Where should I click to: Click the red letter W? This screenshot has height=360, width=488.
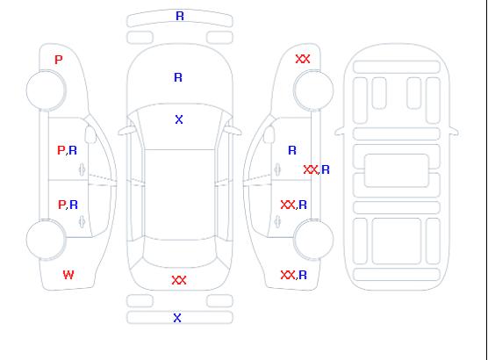pyautogui.click(x=68, y=275)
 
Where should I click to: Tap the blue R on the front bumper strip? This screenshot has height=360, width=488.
pyautogui.click(x=180, y=16)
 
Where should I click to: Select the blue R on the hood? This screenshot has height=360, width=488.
pyautogui.click(x=178, y=77)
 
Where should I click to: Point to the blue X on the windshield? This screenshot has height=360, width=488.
pyautogui.click(x=179, y=119)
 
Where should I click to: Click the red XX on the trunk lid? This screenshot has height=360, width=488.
pyautogui.click(x=179, y=280)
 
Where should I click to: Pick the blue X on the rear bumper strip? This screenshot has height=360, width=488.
pyautogui.click(x=177, y=318)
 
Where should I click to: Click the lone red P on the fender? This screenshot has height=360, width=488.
pyautogui.click(x=59, y=60)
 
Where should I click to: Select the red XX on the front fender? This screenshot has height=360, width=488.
pyautogui.click(x=303, y=59)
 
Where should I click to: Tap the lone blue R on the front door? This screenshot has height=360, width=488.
pyautogui.click(x=292, y=150)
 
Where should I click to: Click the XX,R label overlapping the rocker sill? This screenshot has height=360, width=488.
pyautogui.click(x=316, y=169)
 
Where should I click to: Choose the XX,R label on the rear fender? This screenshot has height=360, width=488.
pyautogui.click(x=294, y=275)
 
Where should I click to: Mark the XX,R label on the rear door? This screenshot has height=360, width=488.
pyautogui.click(x=294, y=205)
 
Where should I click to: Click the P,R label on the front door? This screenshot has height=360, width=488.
pyautogui.click(x=68, y=150)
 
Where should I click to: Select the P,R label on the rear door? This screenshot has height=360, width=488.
pyautogui.click(x=68, y=205)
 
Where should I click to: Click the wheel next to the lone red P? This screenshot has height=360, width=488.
pyautogui.click(x=46, y=90)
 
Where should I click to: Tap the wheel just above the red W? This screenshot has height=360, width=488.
pyautogui.click(x=46, y=240)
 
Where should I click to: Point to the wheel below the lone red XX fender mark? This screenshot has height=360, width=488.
pyautogui.click(x=313, y=90)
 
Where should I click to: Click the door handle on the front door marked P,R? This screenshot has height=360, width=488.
pyautogui.click(x=83, y=169)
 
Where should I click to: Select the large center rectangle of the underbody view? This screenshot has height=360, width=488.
pyautogui.click(x=397, y=170)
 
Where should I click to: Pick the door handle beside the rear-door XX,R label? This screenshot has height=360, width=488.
pyautogui.click(x=277, y=221)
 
